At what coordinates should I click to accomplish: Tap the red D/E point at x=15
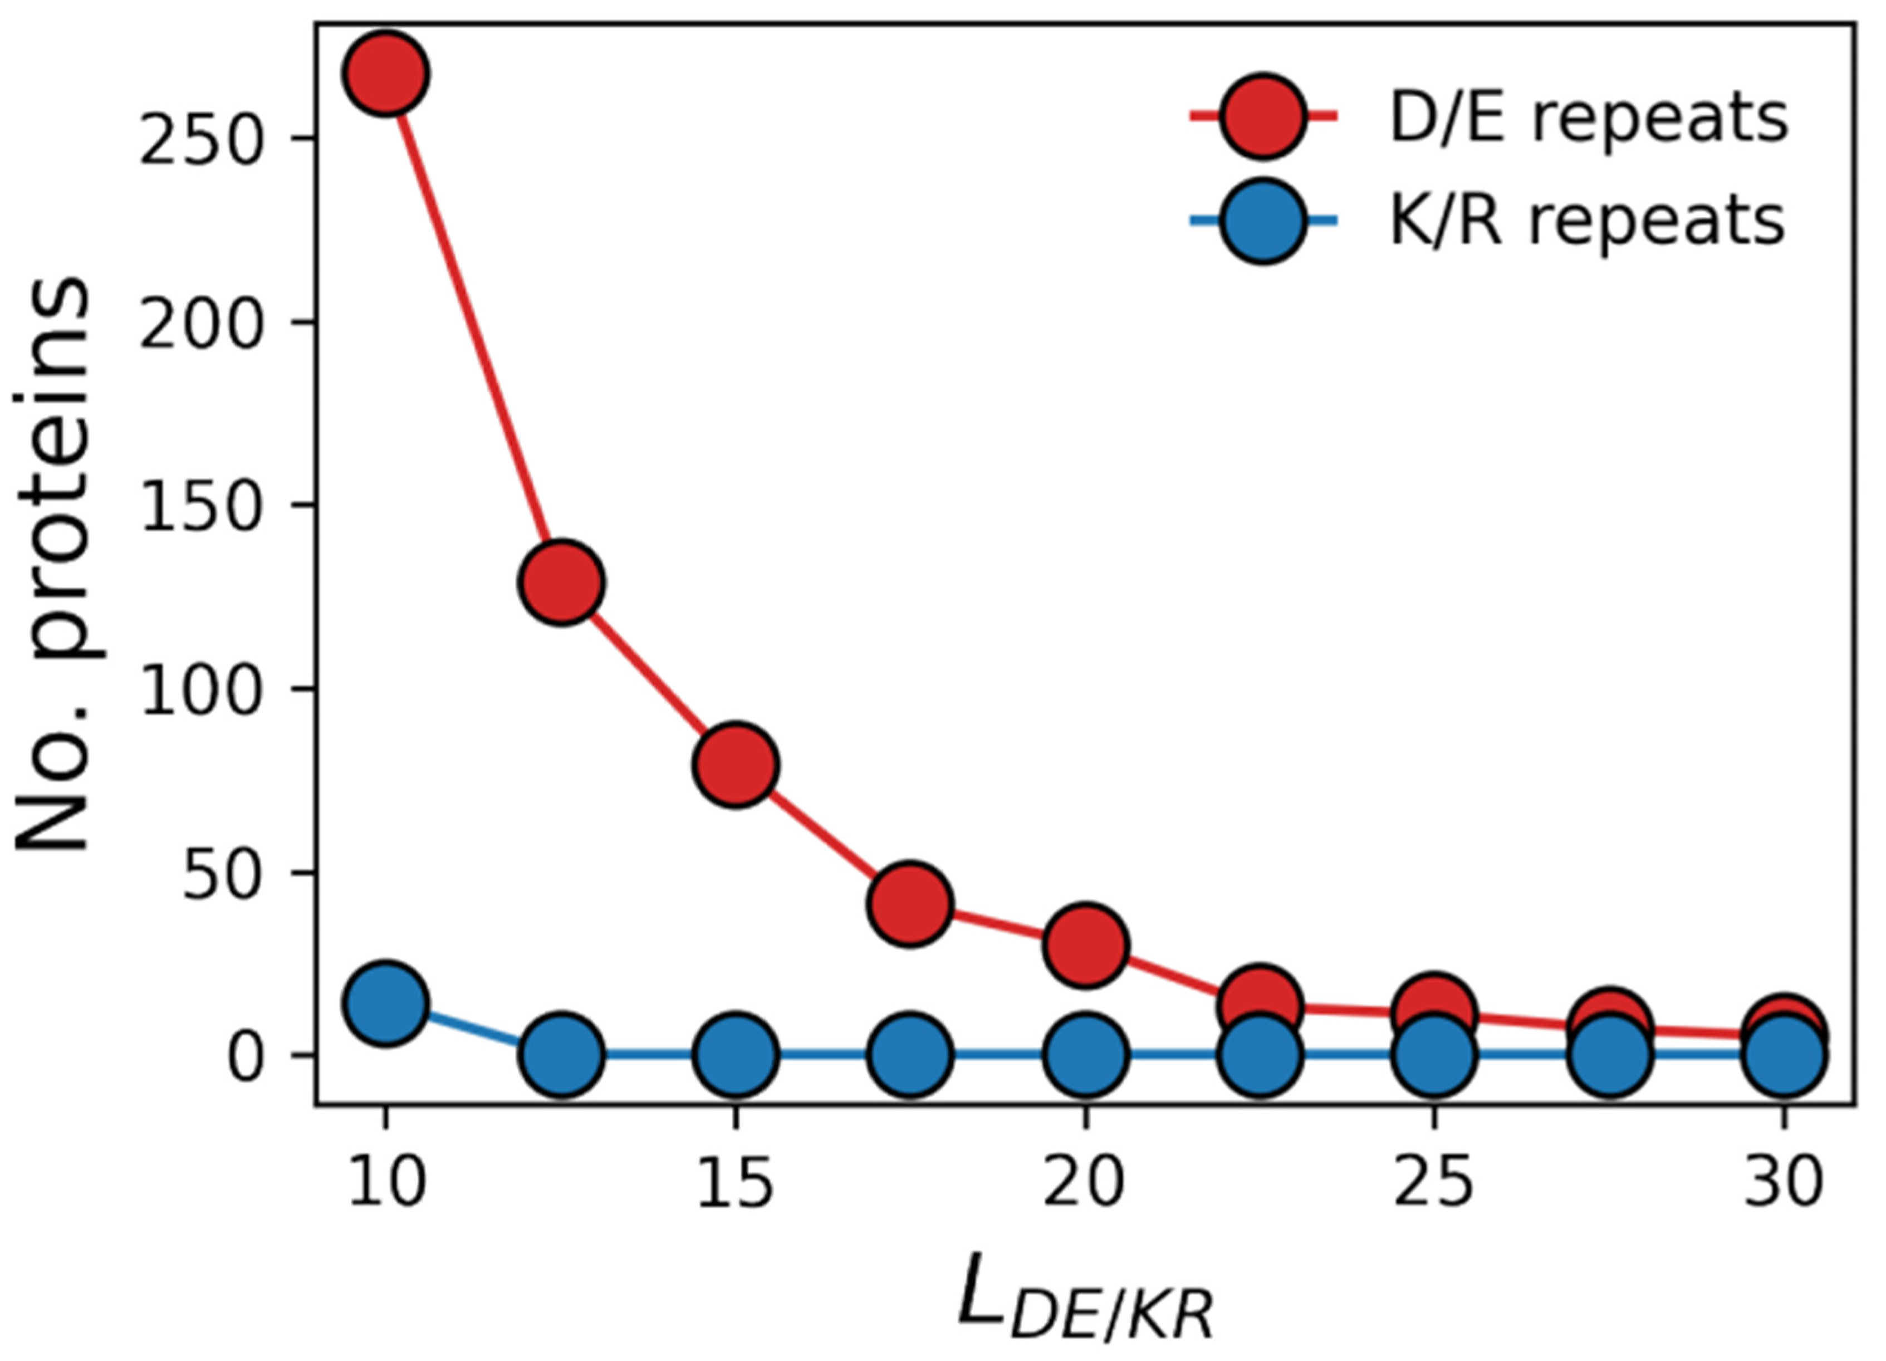pyautogui.click(x=735, y=764)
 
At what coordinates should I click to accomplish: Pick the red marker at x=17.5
pyautogui.click(x=910, y=904)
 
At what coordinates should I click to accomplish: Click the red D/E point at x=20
pyautogui.click(x=1085, y=946)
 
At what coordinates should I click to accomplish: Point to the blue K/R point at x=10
pyautogui.click(x=385, y=1003)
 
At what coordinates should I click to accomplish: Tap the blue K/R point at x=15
pyautogui.click(x=735, y=1054)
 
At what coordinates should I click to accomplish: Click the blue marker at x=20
pyautogui.click(x=1085, y=1054)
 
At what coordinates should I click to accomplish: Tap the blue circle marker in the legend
pyautogui.click(x=1263, y=221)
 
